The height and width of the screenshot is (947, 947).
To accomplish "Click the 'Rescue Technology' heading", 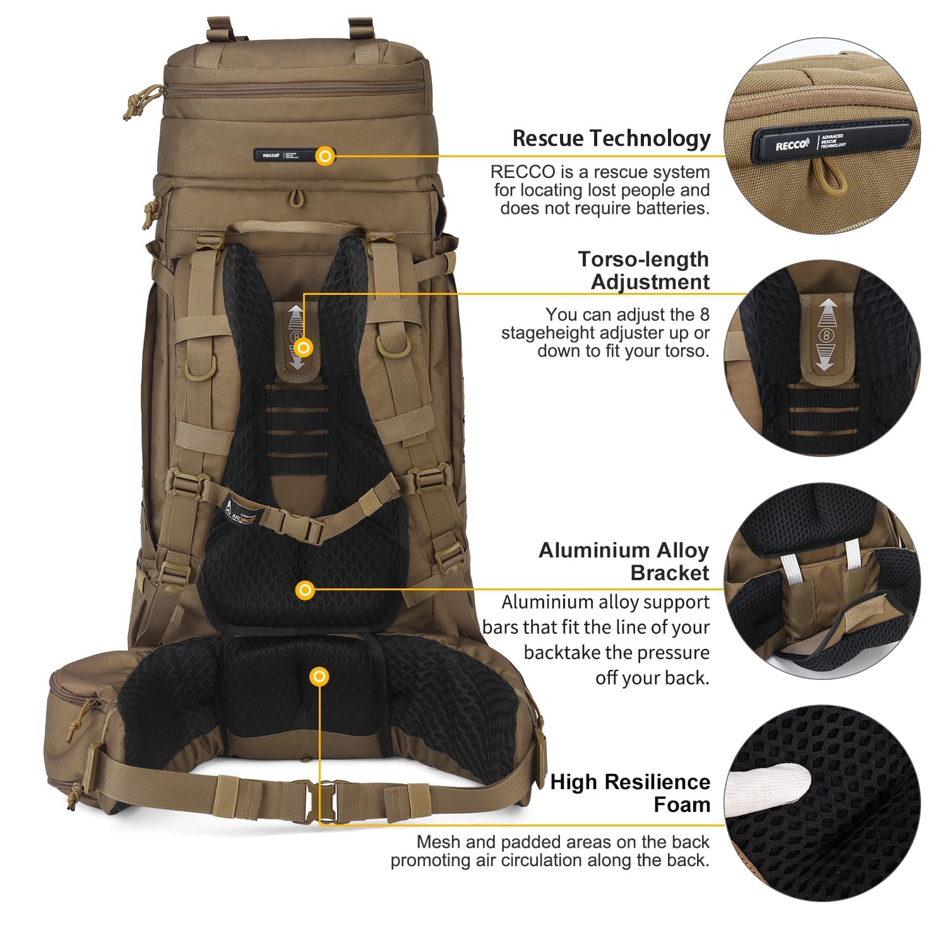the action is coord(611,138).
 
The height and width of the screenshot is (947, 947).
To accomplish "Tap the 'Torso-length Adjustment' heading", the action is coord(644,270).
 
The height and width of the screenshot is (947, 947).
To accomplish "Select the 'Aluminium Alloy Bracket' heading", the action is coord(624,561).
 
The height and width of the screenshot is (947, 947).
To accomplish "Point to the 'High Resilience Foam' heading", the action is coord(630,793).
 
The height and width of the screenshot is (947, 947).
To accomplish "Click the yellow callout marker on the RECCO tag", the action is coord(325,155).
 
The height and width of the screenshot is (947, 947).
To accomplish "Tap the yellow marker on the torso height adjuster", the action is coord(304,347).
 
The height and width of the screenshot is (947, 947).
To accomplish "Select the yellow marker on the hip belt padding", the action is coord(320,677).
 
